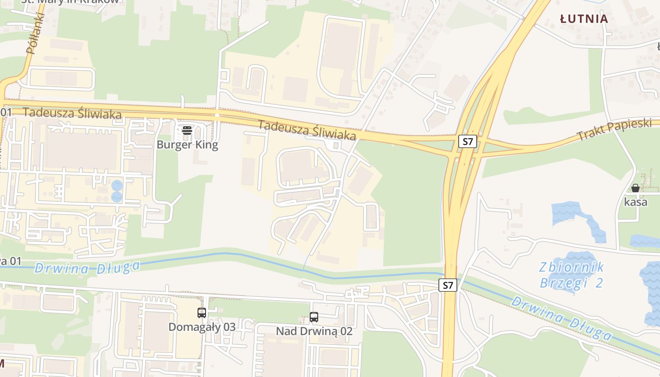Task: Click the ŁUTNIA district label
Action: click(584, 19)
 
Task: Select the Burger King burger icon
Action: click(187, 131)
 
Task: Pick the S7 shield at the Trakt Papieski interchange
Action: click(468, 141)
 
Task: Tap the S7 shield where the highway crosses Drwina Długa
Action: click(448, 285)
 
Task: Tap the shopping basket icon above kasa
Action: click(635, 188)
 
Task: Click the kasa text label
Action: click(635, 202)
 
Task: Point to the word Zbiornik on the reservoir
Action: click(572, 268)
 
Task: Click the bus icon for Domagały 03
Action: click(202, 312)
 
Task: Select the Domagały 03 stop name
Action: click(202, 327)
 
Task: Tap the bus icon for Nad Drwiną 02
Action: click(314, 317)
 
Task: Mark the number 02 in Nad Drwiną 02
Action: click(346, 331)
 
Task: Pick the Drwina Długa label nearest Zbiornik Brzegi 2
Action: click(561, 318)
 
